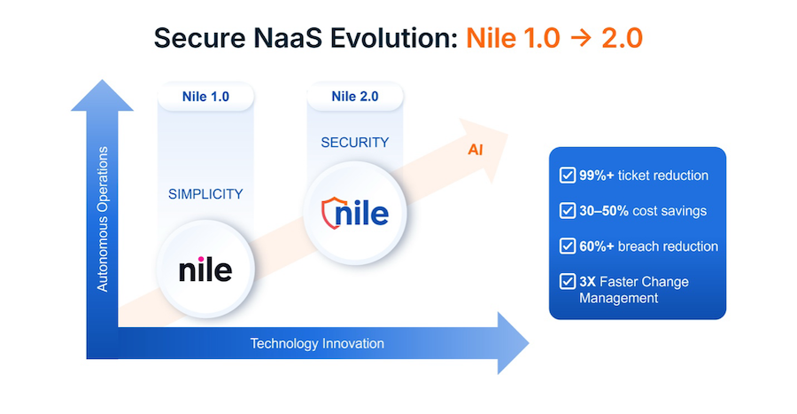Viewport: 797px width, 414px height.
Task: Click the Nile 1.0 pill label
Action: coord(205,97)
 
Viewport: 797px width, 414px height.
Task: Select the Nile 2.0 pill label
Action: coord(355,97)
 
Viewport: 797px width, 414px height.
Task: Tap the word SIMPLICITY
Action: coord(205,194)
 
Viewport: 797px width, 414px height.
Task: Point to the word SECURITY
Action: coord(355,143)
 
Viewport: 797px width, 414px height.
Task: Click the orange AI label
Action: coord(476,150)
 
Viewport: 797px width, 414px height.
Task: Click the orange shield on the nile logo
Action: coord(331,213)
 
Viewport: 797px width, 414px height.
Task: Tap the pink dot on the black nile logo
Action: coord(201,259)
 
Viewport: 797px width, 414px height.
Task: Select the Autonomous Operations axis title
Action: coord(103,219)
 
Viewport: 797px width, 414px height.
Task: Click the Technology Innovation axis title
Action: coord(317,343)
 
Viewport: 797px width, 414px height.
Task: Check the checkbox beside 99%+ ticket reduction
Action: coord(568,175)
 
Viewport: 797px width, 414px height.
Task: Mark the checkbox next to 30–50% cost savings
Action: coord(568,211)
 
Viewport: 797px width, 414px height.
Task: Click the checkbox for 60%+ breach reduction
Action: coord(568,246)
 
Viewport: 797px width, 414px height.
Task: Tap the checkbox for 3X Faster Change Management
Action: coord(568,281)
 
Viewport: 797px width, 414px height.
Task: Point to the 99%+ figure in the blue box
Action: coord(597,176)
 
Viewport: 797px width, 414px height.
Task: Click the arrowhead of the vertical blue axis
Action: coord(102,95)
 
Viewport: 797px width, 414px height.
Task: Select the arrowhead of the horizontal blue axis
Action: coord(513,343)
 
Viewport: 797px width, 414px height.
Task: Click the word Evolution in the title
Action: coord(394,38)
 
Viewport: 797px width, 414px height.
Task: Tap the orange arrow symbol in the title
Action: coord(581,39)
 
